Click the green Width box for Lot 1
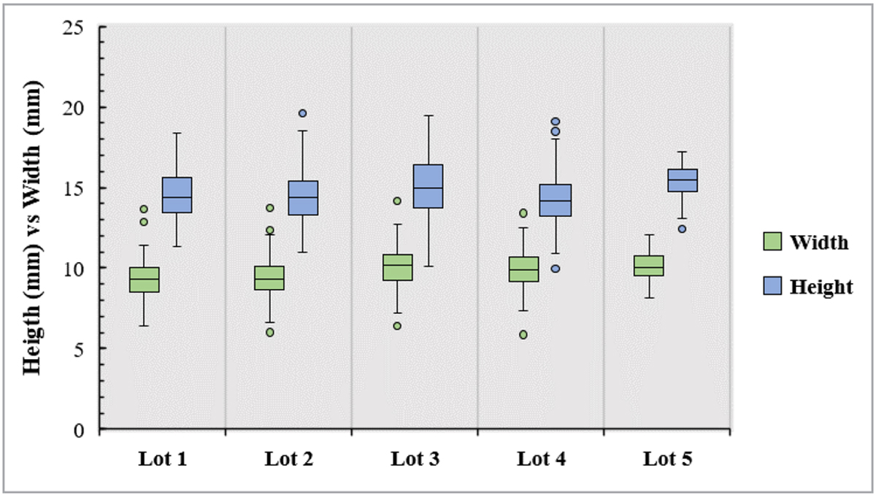click(145, 280)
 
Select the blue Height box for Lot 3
click(429, 186)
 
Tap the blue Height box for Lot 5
click(682, 180)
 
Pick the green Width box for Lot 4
click(523, 269)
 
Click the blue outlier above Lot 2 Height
click(302, 113)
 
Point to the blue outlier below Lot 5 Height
click(682, 229)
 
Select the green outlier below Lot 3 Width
click(397, 326)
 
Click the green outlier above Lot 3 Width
click(397, 201)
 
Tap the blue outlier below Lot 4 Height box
click(555, 269)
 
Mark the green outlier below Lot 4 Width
click(523, 334)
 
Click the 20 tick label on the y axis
click(76, 107)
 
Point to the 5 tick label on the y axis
click(80, 348)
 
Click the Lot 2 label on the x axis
click(289, 459)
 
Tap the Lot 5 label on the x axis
click(667, 459)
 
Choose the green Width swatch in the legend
click(772, 241)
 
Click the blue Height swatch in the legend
click(772, 285)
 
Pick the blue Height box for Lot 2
click(302, 198)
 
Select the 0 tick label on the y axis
click(80, 429)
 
